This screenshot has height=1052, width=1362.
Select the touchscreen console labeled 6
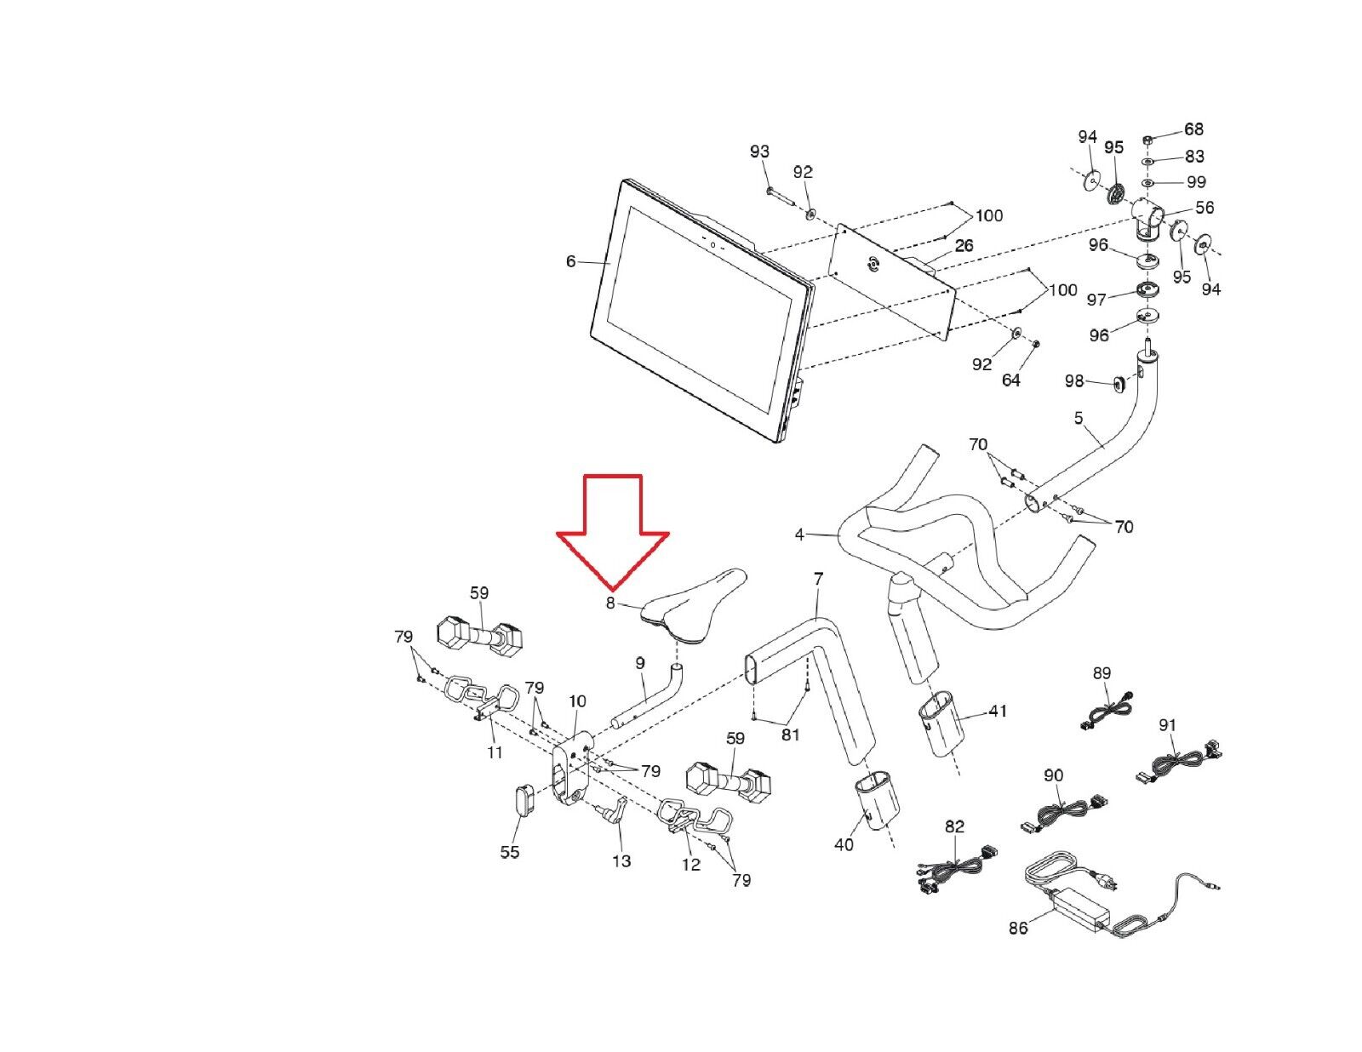click(x=698, y=315)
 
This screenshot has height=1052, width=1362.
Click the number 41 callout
click(x=997, y=710)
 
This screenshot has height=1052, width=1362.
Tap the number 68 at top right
click(x=1193, y=129)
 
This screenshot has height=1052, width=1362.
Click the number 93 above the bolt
click(x=759, y=152)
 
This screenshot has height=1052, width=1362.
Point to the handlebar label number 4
click(x=798, y=535)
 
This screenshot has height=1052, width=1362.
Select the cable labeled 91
click(x=1179, y=762)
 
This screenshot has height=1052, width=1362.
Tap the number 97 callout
click(x=1096, y=300)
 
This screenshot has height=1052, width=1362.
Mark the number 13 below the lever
click(x=621, y=860)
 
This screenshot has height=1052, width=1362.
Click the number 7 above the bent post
click(x=818, y=579)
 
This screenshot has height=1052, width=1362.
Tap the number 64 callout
click(x=1010, y=380)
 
